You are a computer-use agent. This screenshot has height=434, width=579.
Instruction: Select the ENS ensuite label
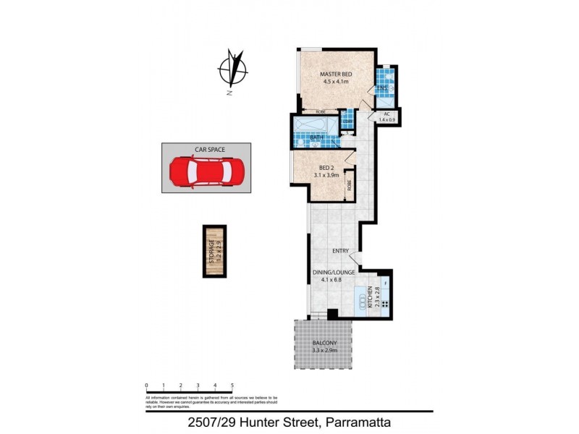coord(383,88)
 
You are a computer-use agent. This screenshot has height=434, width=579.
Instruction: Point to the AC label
coord(387,114)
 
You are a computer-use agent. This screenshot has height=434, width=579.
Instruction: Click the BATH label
coord(317,137)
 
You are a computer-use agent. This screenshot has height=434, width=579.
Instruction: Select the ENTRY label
coord(341,251)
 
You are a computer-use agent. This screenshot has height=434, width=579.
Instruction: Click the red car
coord(206,172)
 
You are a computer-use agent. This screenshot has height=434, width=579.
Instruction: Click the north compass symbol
coord(233,69)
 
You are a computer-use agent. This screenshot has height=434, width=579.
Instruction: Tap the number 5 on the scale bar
coord(232,386)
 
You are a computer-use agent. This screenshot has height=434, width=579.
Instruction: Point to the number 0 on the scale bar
coord(146,386)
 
